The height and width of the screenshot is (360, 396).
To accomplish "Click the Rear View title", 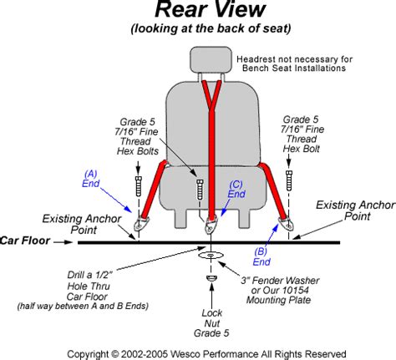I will pyautogui.click(x=198, y=12).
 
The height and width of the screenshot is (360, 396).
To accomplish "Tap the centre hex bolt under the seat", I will pyautogui.click(x=198, y=189).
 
